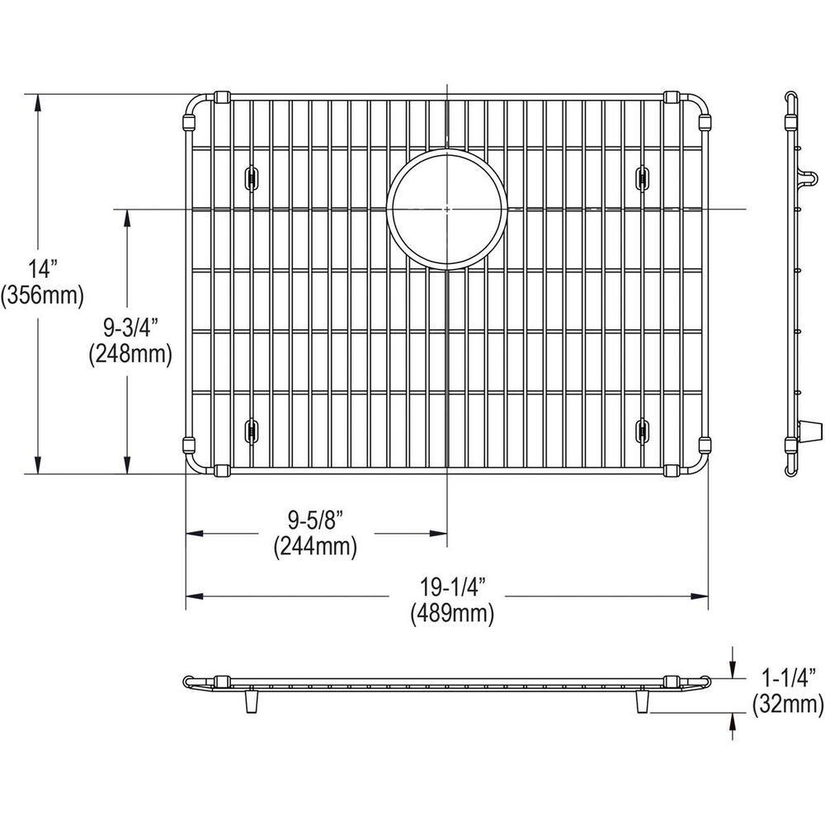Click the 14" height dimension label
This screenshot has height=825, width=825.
coord(44,269)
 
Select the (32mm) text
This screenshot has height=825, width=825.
coord(786,705)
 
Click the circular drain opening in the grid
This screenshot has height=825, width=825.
coord(446,210)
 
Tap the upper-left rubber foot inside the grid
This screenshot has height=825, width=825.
coord(249,176)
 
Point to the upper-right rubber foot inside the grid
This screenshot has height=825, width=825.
coord(642,176)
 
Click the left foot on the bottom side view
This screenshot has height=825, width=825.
coord(250,702)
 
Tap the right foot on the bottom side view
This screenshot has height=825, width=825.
coord(642,702)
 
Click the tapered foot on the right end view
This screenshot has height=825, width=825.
coord(812,429)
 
